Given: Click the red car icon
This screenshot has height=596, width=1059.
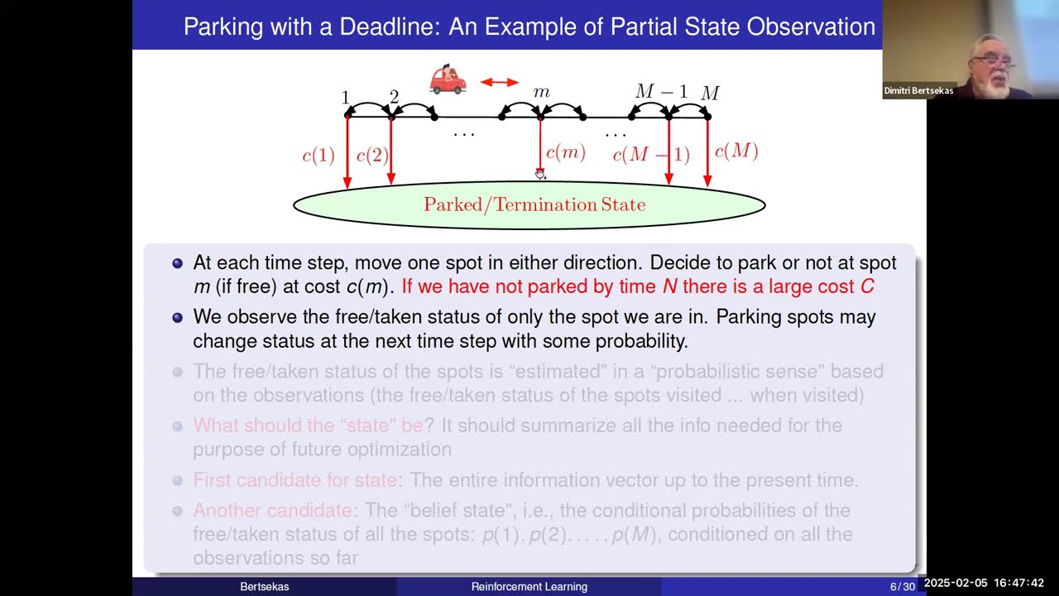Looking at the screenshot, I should tap(448, 79).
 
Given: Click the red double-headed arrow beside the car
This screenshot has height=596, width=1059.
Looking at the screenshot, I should tap(499, 82).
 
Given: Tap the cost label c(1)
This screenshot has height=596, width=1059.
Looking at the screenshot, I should tap(319, 156).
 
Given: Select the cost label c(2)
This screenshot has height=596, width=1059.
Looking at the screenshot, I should tap(371, 156).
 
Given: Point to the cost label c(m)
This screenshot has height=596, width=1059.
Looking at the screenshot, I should tap(566, 152).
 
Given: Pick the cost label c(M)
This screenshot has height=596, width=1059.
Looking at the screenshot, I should tap(736, 151).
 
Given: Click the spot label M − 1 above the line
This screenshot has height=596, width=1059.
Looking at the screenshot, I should tap(661, 91).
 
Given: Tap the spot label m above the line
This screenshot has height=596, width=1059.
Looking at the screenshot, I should tap(542, 92).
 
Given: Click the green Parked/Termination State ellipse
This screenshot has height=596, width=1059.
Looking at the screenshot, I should tap(529, 204).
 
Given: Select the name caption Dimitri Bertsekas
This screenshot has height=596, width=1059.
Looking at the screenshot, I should tap(918, 91).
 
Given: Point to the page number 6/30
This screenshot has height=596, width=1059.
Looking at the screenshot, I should tap(902, 587).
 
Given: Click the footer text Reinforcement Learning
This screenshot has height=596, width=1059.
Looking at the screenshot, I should tap(529, 587).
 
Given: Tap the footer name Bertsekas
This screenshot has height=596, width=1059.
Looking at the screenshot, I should tap(265, 587).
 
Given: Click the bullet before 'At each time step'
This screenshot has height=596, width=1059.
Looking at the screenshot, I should tap(177, 263).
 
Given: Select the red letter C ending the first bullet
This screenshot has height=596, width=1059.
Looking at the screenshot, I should tap(867, 287).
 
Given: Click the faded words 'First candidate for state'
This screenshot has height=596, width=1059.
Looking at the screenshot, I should tap(295, 480).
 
